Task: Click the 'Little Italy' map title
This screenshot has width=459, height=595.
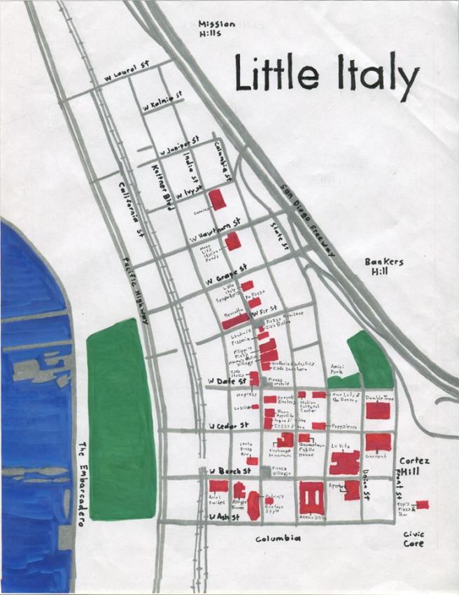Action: [327, 74]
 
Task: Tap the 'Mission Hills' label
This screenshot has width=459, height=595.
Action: [216, 28]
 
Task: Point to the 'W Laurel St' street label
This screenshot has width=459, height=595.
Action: [128, 75]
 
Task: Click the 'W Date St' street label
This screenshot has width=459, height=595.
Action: [225, 381]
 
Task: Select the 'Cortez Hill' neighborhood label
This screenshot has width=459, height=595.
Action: [414, 468]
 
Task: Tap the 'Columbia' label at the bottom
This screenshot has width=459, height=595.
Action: [278, 538]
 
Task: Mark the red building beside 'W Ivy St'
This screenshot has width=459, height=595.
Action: [219, 199]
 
